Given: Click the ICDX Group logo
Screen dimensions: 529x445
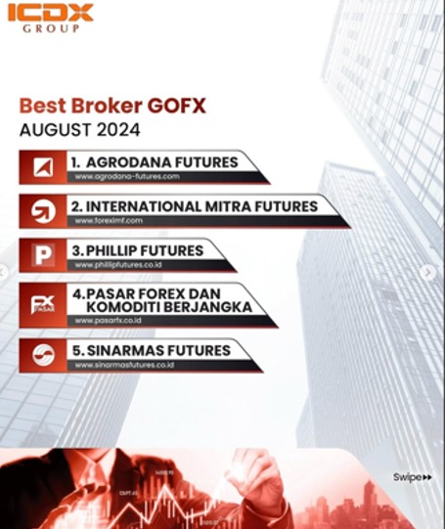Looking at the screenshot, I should pos(57,18).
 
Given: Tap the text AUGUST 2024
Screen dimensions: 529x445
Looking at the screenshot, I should pos(79,129).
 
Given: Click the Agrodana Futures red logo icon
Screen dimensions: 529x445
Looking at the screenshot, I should pos(43,167).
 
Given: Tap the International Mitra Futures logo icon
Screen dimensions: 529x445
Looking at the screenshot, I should pos(43,212).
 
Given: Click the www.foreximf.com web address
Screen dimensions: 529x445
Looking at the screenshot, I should pos(109,221).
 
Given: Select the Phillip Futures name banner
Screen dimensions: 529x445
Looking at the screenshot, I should pos(139,250).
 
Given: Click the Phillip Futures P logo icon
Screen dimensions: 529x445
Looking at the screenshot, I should pos(43,256).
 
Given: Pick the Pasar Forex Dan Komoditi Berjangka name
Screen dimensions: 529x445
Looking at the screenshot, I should pos(161,300).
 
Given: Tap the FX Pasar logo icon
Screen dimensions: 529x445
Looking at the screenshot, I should pos(43,305).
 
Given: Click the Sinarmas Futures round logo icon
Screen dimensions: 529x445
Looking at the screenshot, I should pos(43,356).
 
